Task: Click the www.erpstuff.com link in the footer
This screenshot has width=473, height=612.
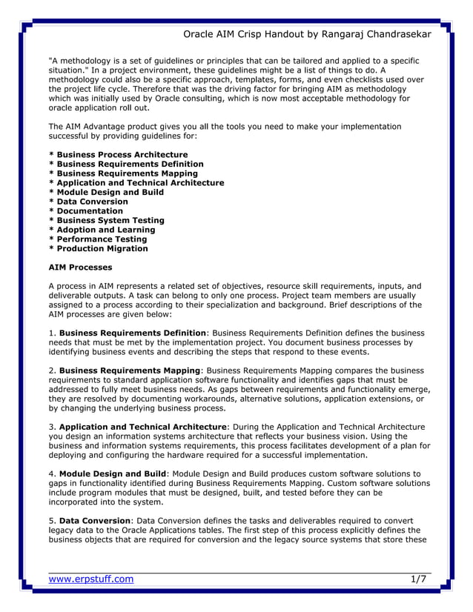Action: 91,579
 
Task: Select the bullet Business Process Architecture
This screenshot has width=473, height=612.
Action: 118,155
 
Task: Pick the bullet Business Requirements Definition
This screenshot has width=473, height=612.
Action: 126,164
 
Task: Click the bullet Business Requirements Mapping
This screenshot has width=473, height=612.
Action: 123,173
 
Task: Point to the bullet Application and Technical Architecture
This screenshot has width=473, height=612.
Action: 136,183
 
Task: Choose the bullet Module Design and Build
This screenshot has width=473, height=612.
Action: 106,192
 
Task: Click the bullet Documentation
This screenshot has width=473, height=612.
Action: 85,211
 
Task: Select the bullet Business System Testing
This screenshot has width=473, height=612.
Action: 106,220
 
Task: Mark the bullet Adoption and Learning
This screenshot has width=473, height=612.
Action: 101,230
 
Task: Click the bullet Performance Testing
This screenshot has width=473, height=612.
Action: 98,239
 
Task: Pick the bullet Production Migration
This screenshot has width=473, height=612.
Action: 98,249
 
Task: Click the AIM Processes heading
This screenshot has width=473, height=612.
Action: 80,267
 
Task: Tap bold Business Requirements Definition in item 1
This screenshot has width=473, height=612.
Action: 132,333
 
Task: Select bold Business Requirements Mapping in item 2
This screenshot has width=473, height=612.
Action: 129,370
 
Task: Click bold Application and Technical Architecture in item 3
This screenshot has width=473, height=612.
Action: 142,427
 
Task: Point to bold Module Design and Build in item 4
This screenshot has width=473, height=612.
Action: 113,473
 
